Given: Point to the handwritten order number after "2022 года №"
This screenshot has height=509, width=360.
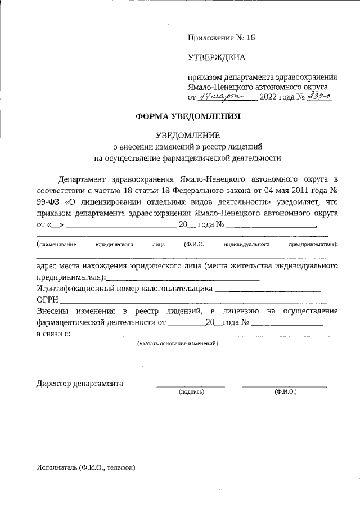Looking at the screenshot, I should [321, 96].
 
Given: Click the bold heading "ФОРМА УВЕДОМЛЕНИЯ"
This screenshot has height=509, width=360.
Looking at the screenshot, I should [188, 117].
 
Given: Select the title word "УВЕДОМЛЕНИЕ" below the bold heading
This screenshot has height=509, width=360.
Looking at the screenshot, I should [188, 135].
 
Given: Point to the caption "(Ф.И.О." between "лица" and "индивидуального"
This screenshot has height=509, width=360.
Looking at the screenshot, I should [193, 245].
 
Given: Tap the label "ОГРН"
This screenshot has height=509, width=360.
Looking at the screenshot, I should [48, 301].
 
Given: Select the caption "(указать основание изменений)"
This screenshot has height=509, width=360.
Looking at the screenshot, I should [177, 343].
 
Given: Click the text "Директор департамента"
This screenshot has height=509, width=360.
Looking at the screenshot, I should [80, 384].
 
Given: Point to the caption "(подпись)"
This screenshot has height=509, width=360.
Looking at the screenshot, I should [191, 391].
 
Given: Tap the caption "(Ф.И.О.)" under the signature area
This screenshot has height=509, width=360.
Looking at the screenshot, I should [286, 391].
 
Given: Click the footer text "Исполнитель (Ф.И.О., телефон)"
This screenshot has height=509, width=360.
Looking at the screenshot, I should [86, 467].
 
